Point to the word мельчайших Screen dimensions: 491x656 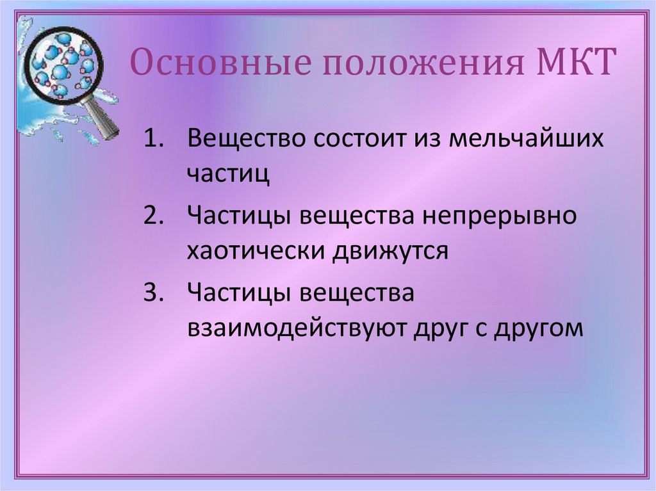coord(525,139)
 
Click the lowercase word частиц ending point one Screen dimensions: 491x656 coord(228,173)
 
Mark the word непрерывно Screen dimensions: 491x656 coord(499,216)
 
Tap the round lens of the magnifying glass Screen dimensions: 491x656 coord(63,64)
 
